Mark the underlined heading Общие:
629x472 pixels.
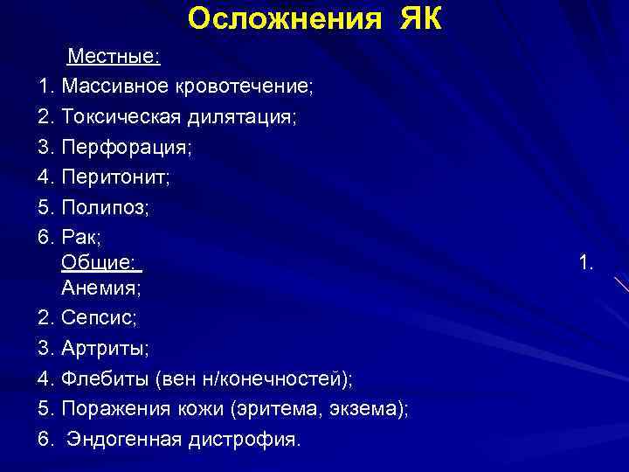[x=100, y=261]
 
